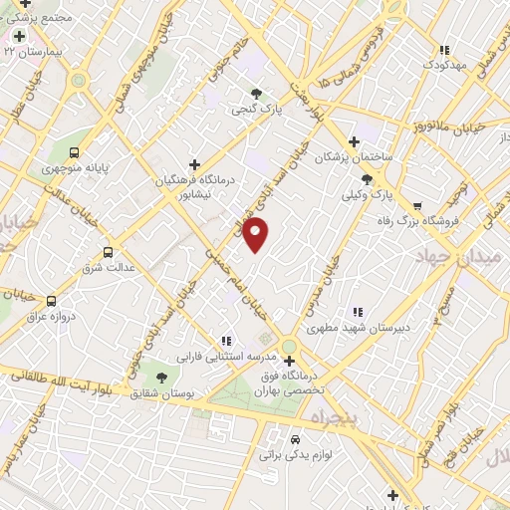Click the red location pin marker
point(257,234)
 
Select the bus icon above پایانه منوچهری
point(76,152)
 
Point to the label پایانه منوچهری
point(71,169)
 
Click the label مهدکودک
point(445,65)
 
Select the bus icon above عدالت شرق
point(108,252)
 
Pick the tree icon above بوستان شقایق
point(161,377)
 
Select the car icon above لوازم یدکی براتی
point(295,438)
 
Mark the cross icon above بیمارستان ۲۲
point(19,36)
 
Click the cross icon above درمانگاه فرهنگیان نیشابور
point(194,163)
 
